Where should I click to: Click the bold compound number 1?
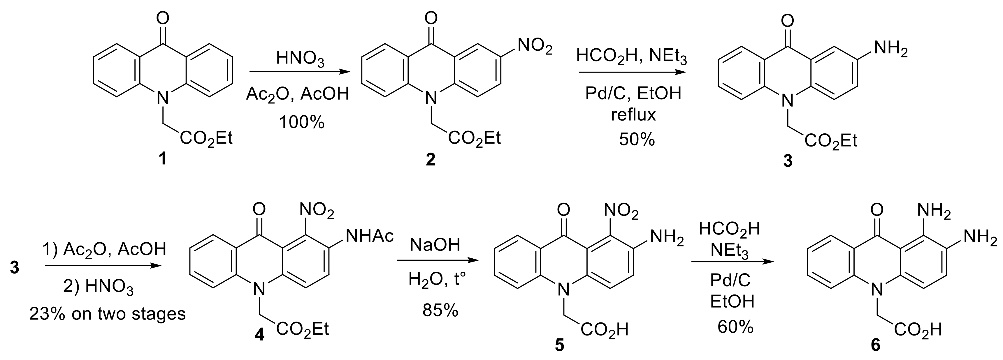pos(162,158)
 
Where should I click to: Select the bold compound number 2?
pos(430,159)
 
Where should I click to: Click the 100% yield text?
pos(302,123)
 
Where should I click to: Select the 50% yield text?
pos(637,139)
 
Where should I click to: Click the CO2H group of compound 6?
pos(917,330)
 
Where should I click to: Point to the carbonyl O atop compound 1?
pos(163,17)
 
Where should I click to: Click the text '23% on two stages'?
pos(108,314)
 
